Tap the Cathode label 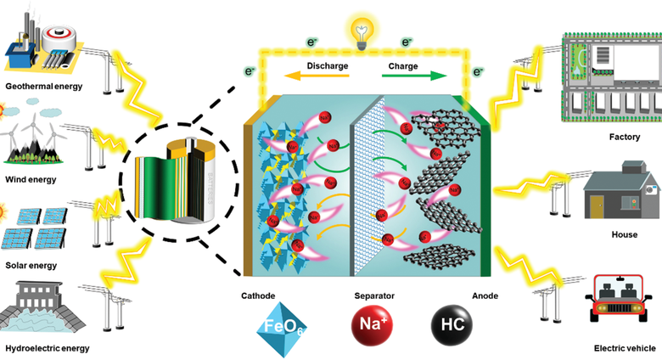(x=258, y=296)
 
